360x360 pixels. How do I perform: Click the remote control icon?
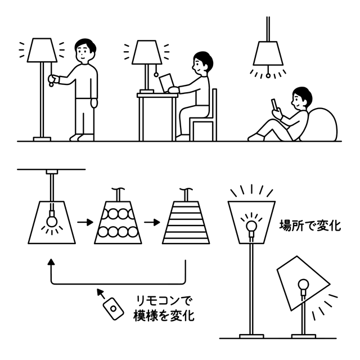113,309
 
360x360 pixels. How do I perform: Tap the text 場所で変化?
310,226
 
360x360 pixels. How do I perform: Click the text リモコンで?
163,301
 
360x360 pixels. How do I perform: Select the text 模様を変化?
164,316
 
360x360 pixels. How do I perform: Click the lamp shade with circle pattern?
118,223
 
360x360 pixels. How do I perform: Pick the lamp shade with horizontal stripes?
186,223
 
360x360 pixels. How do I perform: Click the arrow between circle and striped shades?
152,222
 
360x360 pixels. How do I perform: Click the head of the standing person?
85,51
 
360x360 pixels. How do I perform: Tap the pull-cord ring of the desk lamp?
156,74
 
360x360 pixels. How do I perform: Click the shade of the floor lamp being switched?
42,50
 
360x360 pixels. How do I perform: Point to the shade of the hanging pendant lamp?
268,53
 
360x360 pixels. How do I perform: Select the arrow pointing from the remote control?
101,294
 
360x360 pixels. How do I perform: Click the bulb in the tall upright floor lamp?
251,226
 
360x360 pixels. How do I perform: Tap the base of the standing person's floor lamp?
42,139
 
